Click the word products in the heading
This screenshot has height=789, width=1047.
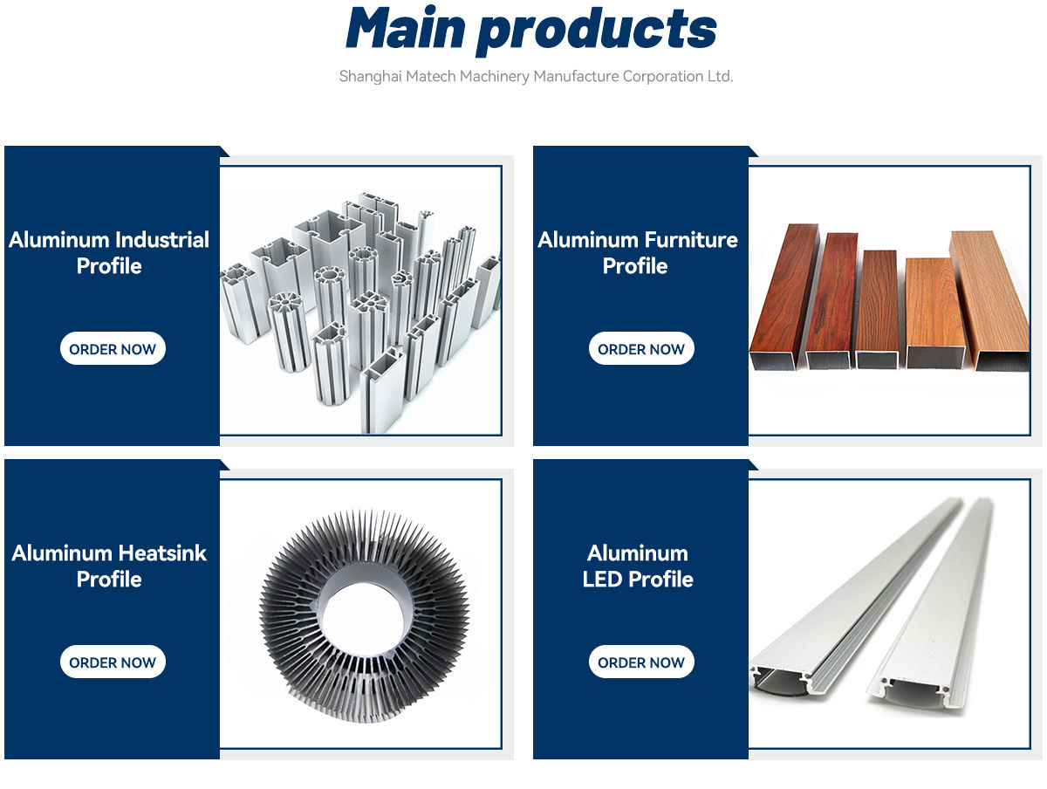598,30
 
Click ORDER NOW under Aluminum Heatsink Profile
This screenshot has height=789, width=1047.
113,662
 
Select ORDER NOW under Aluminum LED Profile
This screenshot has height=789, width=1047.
641,662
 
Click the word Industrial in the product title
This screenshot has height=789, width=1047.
162,240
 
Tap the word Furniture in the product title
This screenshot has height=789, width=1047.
690,240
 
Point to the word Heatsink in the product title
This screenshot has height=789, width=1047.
162,553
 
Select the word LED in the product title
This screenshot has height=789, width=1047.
603,580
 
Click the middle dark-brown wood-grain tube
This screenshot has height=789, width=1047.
877,305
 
